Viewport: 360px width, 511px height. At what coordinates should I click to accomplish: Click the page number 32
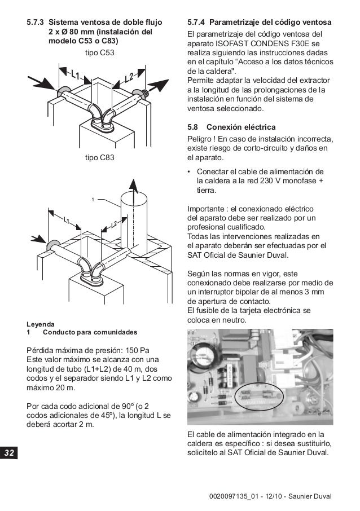click(10, 453)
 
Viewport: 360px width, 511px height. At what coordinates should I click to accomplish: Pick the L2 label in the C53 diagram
click(129, 76)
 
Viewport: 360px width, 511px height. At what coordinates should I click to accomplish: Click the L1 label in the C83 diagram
click(67, 221)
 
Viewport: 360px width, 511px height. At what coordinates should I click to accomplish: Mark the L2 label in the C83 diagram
click(114, 224)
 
